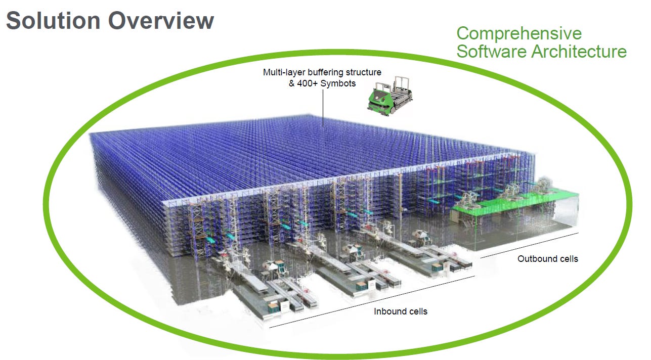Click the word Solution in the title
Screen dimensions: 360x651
pyautogui.click(x=53, y=21)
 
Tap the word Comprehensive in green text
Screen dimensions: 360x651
pyautogui.click(x=519, y=33)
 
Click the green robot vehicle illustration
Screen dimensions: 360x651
pyautogui.click(x=389, y=96)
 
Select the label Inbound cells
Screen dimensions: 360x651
pyautogui.click(x=400, y=311)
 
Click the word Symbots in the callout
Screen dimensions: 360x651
pyautogui.click(x=341, y=83)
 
